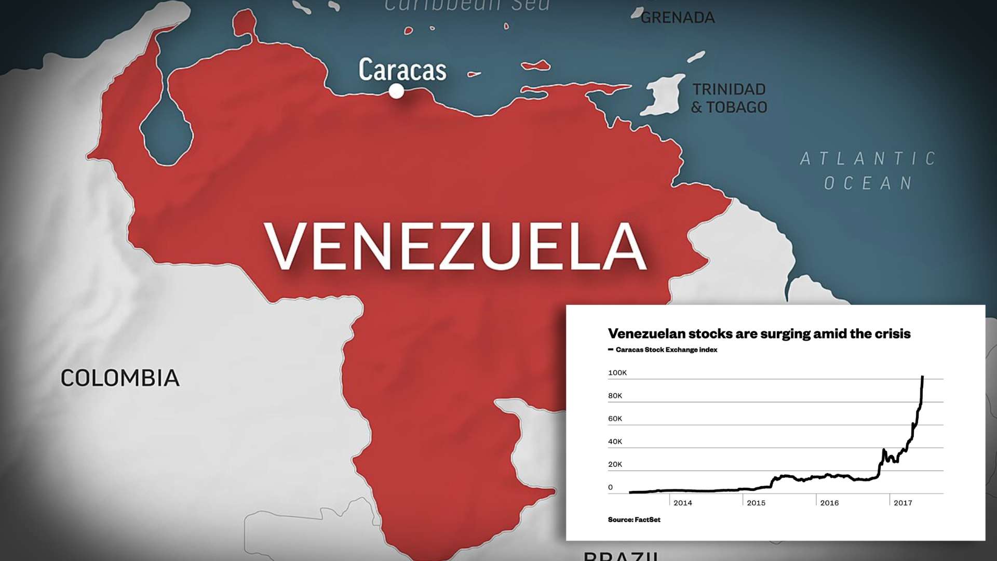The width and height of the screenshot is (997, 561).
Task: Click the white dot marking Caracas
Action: click(x=396, y=91)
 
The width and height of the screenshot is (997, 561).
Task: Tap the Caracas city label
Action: click(x=402, y=70)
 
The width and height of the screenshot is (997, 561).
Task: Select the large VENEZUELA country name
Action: click(x=455, y=247)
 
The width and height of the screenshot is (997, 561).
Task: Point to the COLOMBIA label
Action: click(x=120, y=378)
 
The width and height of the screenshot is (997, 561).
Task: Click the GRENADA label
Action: click(x=678, y=18)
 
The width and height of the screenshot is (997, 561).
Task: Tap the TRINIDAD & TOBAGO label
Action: click(x=729, y=98)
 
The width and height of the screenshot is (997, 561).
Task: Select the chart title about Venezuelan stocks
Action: click(x=759, y=333)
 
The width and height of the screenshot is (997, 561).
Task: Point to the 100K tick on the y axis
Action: click(x=617, y=372)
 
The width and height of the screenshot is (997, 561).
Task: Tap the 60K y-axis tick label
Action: click(x=615, y=419)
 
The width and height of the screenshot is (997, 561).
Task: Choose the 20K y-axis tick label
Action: click(x=615, y=464)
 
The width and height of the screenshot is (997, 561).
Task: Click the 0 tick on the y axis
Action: click(x=610, y=487)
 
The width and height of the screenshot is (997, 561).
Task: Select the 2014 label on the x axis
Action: click(x=682, y=503)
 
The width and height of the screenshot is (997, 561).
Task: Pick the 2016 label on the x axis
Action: click(x=829, y=503)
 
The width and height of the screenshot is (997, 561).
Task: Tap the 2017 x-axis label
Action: click(x=902, y=503)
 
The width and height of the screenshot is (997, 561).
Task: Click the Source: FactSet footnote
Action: click(x=634, y=519)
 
